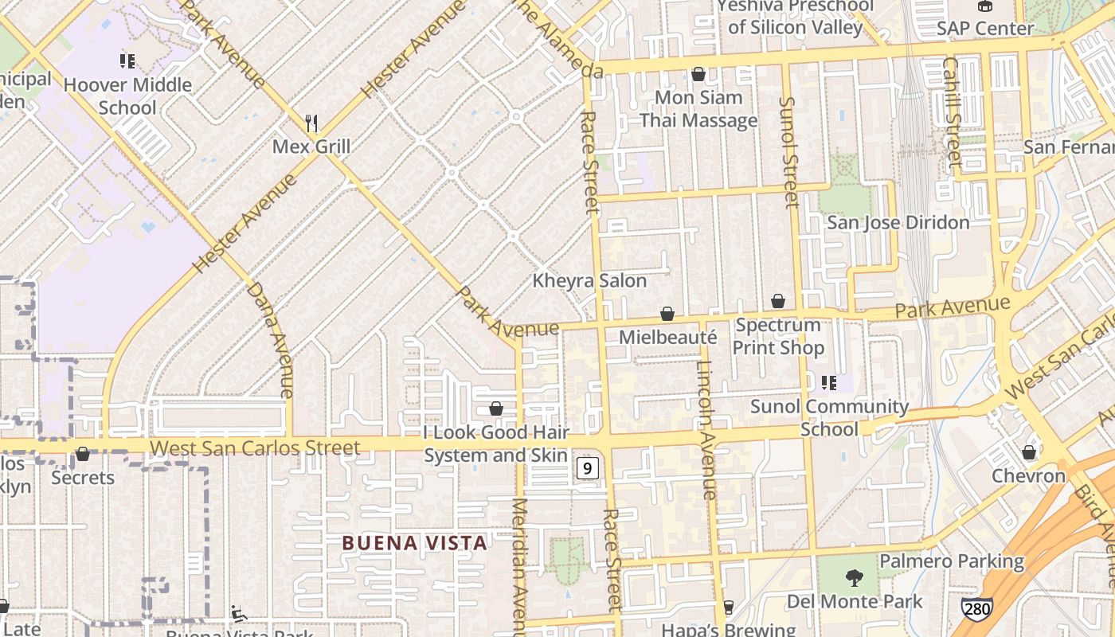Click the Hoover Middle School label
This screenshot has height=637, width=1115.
point(127,96)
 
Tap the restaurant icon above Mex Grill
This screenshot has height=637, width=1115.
point(311,123)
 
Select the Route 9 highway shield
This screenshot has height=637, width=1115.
point(587,468)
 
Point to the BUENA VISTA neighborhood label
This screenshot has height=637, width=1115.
point(414,543)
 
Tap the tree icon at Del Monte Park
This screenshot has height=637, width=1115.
point(854,577)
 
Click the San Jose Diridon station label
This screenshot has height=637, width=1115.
point(898,222)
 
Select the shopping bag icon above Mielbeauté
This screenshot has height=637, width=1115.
point(667,315)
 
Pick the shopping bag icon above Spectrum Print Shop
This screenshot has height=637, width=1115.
point(778,301)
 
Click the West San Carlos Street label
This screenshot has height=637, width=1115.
point(255,448)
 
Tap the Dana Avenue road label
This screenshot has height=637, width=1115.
point(272,338)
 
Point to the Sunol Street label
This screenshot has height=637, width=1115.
point(788,151)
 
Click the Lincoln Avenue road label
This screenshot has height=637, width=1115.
point(706,430)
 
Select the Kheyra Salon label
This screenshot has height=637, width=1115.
point(589,281)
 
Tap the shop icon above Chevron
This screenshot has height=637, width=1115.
point(1029,452)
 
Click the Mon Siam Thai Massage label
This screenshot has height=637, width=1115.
point(698,109)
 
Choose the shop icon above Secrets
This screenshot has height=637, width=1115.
point(83,454)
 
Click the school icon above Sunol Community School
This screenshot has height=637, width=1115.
point(829,384)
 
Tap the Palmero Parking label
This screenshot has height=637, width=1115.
point(952,561)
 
